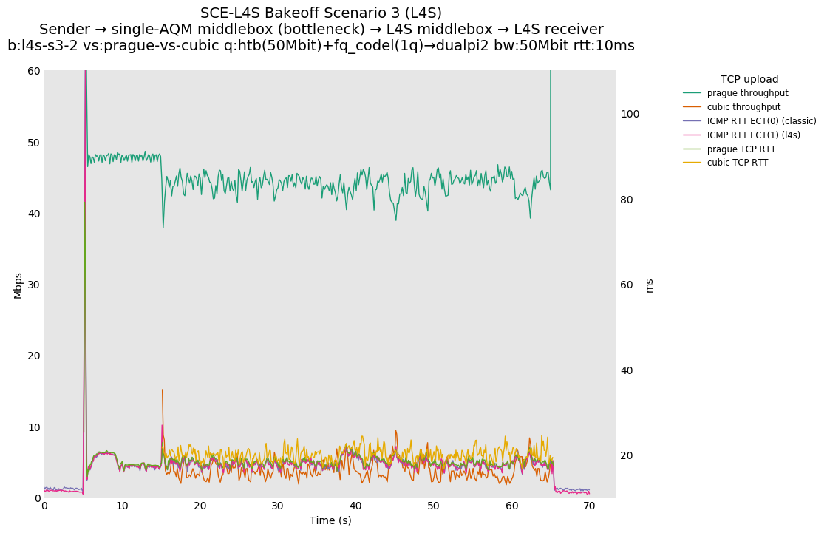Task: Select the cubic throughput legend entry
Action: point(743,107)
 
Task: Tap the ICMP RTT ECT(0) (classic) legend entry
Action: point(761,121)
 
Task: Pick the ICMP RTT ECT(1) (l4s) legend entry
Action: point(753,135)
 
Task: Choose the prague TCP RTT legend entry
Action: point(741,149)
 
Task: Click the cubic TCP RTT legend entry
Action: point(737,163)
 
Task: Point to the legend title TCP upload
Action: point(749,79)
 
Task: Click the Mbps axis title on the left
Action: point(18,285)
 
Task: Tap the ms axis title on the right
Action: point(650,285)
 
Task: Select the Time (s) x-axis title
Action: point(330,520)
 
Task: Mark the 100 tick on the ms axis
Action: point(630,114)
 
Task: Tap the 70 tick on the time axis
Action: point(589,506)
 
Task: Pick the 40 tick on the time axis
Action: point(355,506)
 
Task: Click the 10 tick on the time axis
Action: point(122,506)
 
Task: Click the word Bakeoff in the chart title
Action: point(284,13)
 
